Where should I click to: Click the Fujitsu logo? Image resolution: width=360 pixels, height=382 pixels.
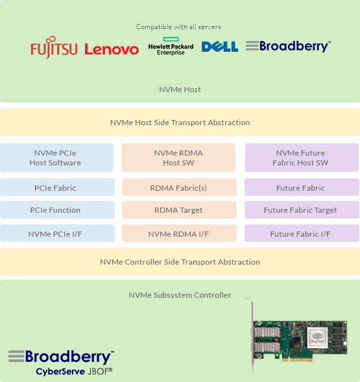coord(54,49)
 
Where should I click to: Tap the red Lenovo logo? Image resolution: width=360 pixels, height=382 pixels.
coord(112,49)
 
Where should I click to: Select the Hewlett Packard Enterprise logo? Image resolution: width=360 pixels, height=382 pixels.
coord(171,47)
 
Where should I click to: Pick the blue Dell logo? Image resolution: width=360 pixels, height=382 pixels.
coord(220,47)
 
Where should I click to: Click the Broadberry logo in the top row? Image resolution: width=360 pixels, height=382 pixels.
coord(288,46)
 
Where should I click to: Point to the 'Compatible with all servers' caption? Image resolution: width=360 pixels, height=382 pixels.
coord(178,27)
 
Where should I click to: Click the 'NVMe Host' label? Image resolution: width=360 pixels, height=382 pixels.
coord(180,90)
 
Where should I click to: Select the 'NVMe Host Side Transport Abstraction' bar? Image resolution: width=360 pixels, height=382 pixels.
coord(180,122)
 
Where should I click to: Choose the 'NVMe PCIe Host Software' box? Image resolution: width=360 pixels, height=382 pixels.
coord(57,158)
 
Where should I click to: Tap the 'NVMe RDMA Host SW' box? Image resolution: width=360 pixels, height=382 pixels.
coord(178,158)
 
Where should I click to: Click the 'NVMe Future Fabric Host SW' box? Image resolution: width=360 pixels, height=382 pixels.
coord(302,158)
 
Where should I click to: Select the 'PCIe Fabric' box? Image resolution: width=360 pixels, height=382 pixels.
coord(57,188)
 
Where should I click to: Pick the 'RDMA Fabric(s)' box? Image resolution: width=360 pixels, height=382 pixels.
coord(178,188)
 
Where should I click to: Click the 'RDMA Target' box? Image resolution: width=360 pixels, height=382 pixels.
coord(178,210)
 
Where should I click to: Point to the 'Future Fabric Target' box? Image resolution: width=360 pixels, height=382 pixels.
coord(302,210)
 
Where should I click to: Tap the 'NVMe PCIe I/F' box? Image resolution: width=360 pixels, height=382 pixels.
coord(57,233)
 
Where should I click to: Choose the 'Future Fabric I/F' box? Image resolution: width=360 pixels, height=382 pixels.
coord(302,233)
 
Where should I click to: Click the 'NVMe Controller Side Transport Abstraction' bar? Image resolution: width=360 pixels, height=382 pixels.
coord(180,262)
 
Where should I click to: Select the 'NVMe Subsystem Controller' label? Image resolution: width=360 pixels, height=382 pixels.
coord(180,295)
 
